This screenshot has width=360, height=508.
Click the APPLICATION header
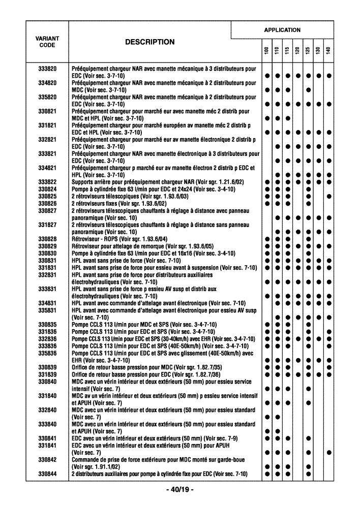click(282, 30)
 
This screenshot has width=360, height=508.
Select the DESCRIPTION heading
click(149, 42)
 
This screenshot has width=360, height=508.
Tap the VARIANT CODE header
click(47, 42)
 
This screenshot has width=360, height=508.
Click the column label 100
click(266, 51)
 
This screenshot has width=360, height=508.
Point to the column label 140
click(329, 51)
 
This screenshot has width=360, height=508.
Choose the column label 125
click(308, 51)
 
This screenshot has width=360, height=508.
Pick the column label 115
click(287, 51)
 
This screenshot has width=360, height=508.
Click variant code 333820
click(47, 69)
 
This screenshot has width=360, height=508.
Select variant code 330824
click(47, 189)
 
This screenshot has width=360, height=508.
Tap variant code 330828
click(47, 239)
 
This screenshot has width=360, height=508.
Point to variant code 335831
click(47, 310)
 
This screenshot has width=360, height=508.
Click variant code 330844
click(47, 474)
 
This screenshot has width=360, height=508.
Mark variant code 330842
click(47, 460)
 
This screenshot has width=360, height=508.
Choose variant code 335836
click(47, 353)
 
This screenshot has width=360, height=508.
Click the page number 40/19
click(180, 490)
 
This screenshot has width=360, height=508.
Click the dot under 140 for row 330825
click(329, 196)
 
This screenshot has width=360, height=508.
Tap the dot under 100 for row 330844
click(266, 474)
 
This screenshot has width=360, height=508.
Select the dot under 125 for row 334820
click(308, 90)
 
